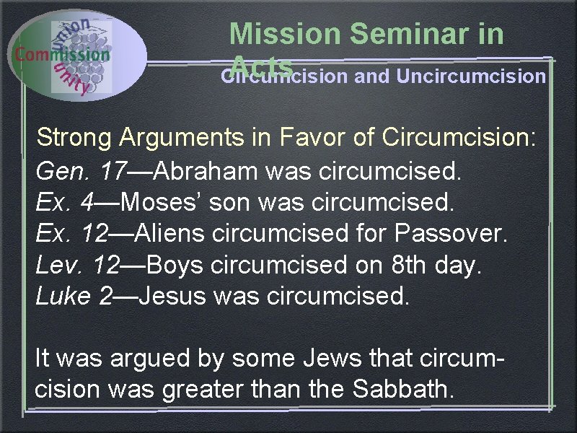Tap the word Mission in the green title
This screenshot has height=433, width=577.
click(283, 34)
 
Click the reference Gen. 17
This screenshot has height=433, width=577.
click(79, 172)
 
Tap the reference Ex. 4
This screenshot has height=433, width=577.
click(63, 204)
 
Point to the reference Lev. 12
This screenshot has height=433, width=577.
click(76, 266)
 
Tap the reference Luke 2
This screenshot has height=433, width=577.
click(74, 297)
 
